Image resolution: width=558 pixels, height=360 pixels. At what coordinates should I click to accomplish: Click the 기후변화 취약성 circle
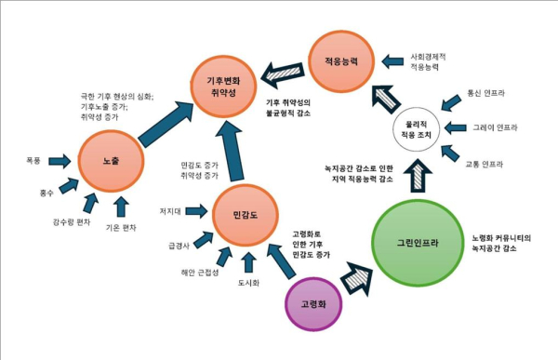point(225,85)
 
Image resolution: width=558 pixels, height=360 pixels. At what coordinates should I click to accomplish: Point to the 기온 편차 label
point(120,225)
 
